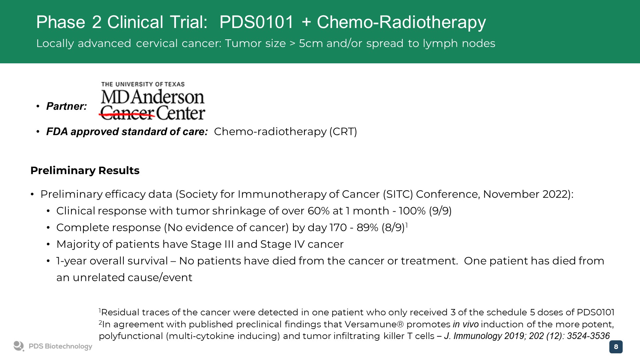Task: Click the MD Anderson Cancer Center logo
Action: pos(153,101)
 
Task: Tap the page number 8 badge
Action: pos(616,347)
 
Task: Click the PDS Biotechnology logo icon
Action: pos(19,346)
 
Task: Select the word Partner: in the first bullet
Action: pos(67,106)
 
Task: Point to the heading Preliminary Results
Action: pos(85,170)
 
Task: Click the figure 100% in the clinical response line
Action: pos(412,211)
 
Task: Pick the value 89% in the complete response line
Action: pos(367,227)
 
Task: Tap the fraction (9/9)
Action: pos(440,211)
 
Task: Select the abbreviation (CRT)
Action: pos(343,132)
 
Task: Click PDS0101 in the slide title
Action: pos(257,22)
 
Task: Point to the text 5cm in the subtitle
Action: pos(311,43)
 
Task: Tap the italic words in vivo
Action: pos(466,324)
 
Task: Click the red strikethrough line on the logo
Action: pos(127,115)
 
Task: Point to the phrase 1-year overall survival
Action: pos(112,261)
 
